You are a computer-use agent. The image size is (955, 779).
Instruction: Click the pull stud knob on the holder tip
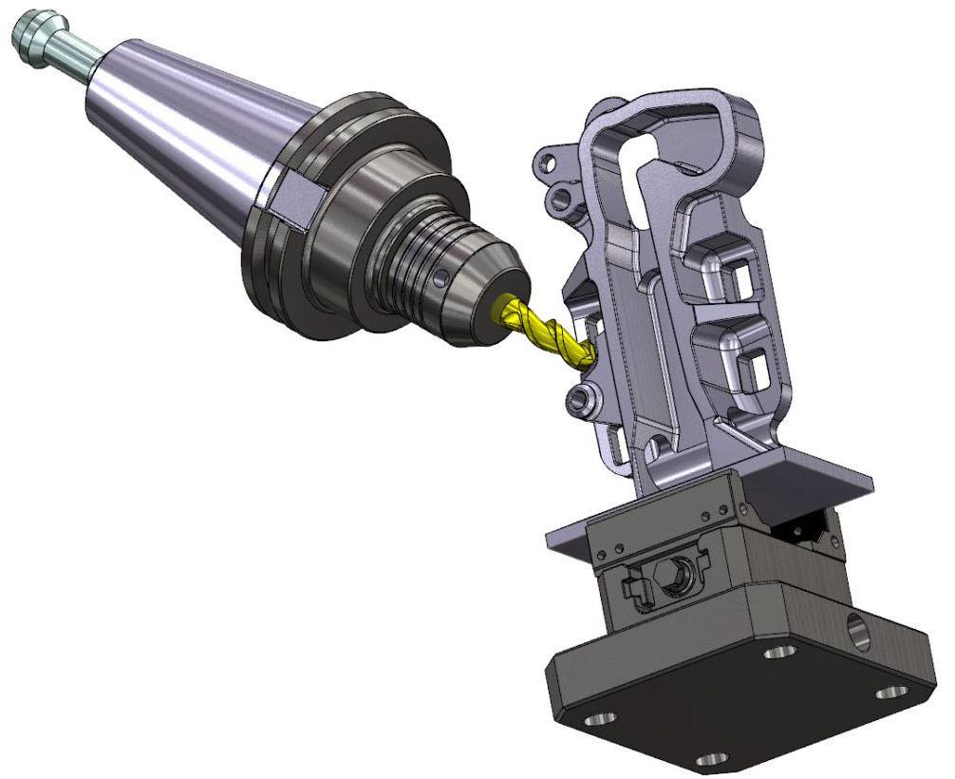28,40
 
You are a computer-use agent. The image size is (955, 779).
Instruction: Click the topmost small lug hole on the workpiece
548,162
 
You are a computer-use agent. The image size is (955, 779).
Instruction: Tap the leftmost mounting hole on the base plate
598,719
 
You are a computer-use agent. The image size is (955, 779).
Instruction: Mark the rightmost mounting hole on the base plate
889,693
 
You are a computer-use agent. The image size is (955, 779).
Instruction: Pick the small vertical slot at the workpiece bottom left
620,446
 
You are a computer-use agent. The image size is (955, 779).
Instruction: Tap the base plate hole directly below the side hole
780,652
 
